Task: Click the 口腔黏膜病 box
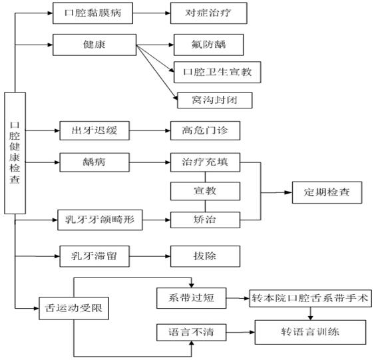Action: click(93, 13)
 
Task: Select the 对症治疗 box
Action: click(208, 13)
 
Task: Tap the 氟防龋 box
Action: click(208, 45)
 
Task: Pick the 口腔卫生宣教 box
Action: click(217, 72)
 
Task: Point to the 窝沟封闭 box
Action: click(214, 100)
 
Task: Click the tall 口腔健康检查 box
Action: click(15, 153)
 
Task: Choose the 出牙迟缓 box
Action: click(94, 130)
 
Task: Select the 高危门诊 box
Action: click(205, 130)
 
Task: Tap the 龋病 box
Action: click(94, 162)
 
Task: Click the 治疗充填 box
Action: click(205, 162)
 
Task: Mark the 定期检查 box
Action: click(327, 192)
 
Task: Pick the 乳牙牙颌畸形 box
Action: click(100, 220)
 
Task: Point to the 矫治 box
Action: click(205, 220)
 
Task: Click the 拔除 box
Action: click(205, 256)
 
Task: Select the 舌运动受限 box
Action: click(74, 309)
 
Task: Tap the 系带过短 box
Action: click(192, 298)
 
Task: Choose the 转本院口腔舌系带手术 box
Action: click(311, 298)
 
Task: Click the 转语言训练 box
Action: click(310, 332)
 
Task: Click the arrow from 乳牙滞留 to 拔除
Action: click(150, 256)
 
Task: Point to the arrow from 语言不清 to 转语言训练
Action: click(240, 333)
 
